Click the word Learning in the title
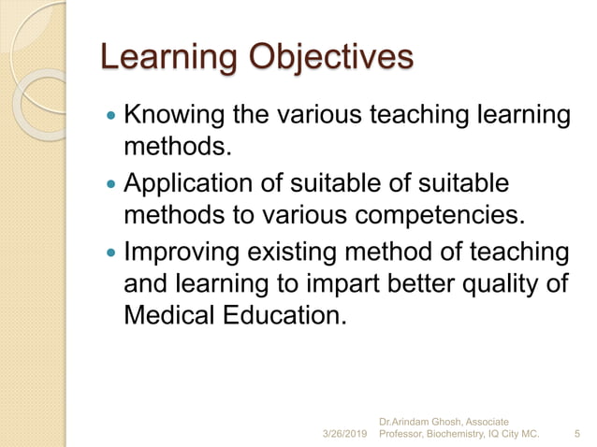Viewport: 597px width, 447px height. pos(167,58)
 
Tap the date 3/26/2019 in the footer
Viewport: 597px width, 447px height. pos(345,434)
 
